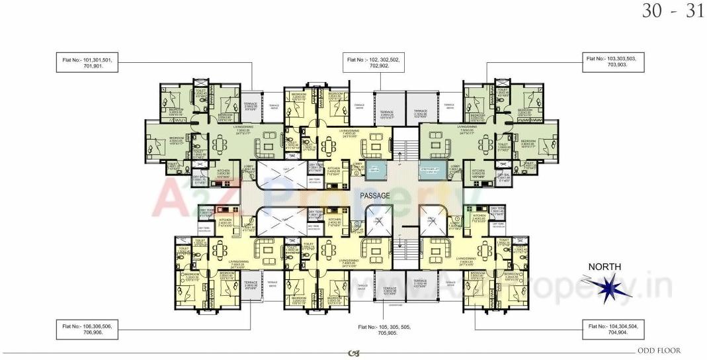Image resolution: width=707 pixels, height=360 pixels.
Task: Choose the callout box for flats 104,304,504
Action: pos(614,328)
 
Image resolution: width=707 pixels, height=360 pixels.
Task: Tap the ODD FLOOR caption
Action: pos(659,351)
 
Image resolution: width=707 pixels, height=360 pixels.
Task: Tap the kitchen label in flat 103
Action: pos(478,173)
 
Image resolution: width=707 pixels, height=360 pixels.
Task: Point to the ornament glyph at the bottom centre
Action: pos(353,353)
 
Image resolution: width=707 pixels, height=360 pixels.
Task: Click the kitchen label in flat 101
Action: pos(224,173)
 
